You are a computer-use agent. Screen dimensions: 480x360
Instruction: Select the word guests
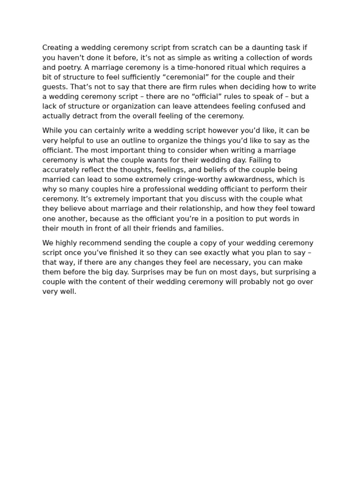coord(54,87)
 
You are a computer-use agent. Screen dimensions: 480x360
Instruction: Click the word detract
coord(81,116)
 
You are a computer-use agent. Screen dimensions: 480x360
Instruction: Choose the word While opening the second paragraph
coord(52,131)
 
